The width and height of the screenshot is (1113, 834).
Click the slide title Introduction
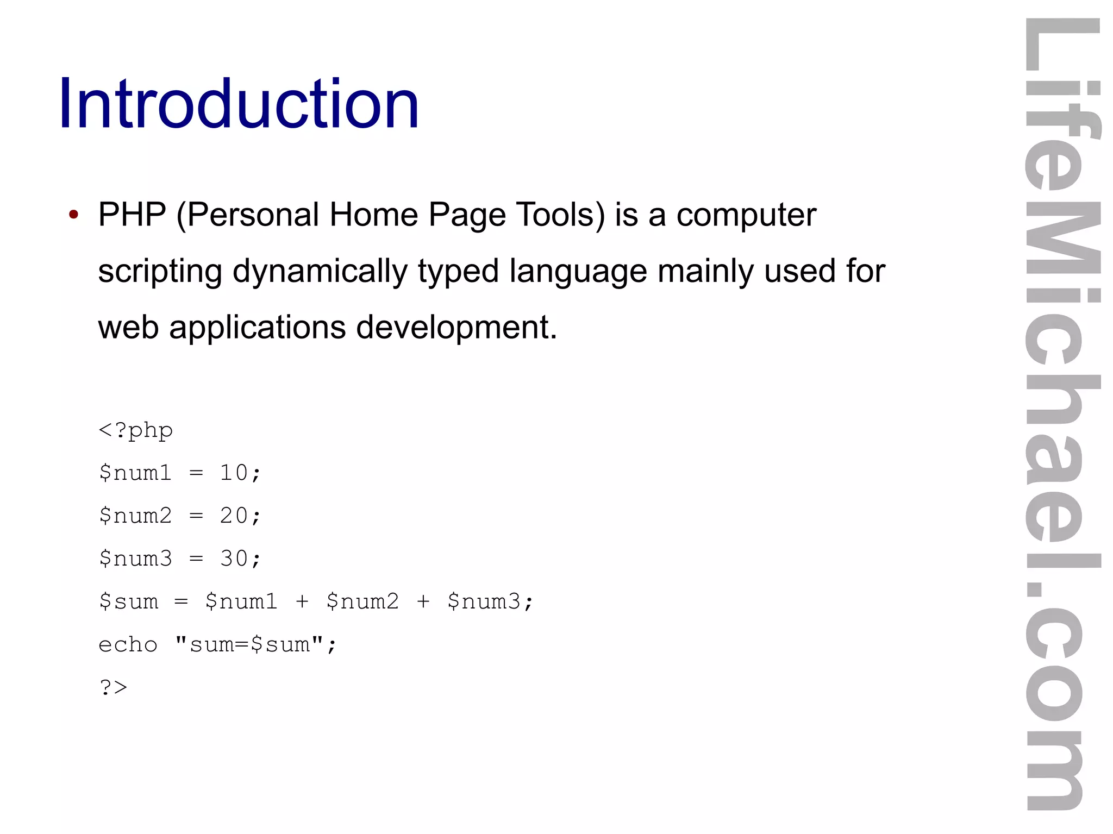click(239, 104)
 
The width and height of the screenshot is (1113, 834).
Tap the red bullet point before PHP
click(74, 214)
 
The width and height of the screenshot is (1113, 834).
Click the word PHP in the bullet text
click(132, 214)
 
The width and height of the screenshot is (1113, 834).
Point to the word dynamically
click(320, 271)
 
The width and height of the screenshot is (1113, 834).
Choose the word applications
click(257, 327)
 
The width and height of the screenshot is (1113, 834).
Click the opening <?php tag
click(136, 430)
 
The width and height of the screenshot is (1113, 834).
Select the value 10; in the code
click(240, 473)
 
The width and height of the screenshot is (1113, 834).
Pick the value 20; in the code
click(240, 516)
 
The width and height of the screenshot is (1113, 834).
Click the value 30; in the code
click(240, 559)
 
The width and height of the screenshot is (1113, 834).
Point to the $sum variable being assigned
click(129, 601)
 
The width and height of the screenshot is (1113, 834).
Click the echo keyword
click(128, 645)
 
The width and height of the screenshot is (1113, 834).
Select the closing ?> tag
click(113, 688)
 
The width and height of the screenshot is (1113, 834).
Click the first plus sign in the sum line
click(302, 601)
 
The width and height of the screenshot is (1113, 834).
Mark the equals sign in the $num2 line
click(196, 516)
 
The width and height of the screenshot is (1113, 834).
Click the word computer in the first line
click(746, 214)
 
